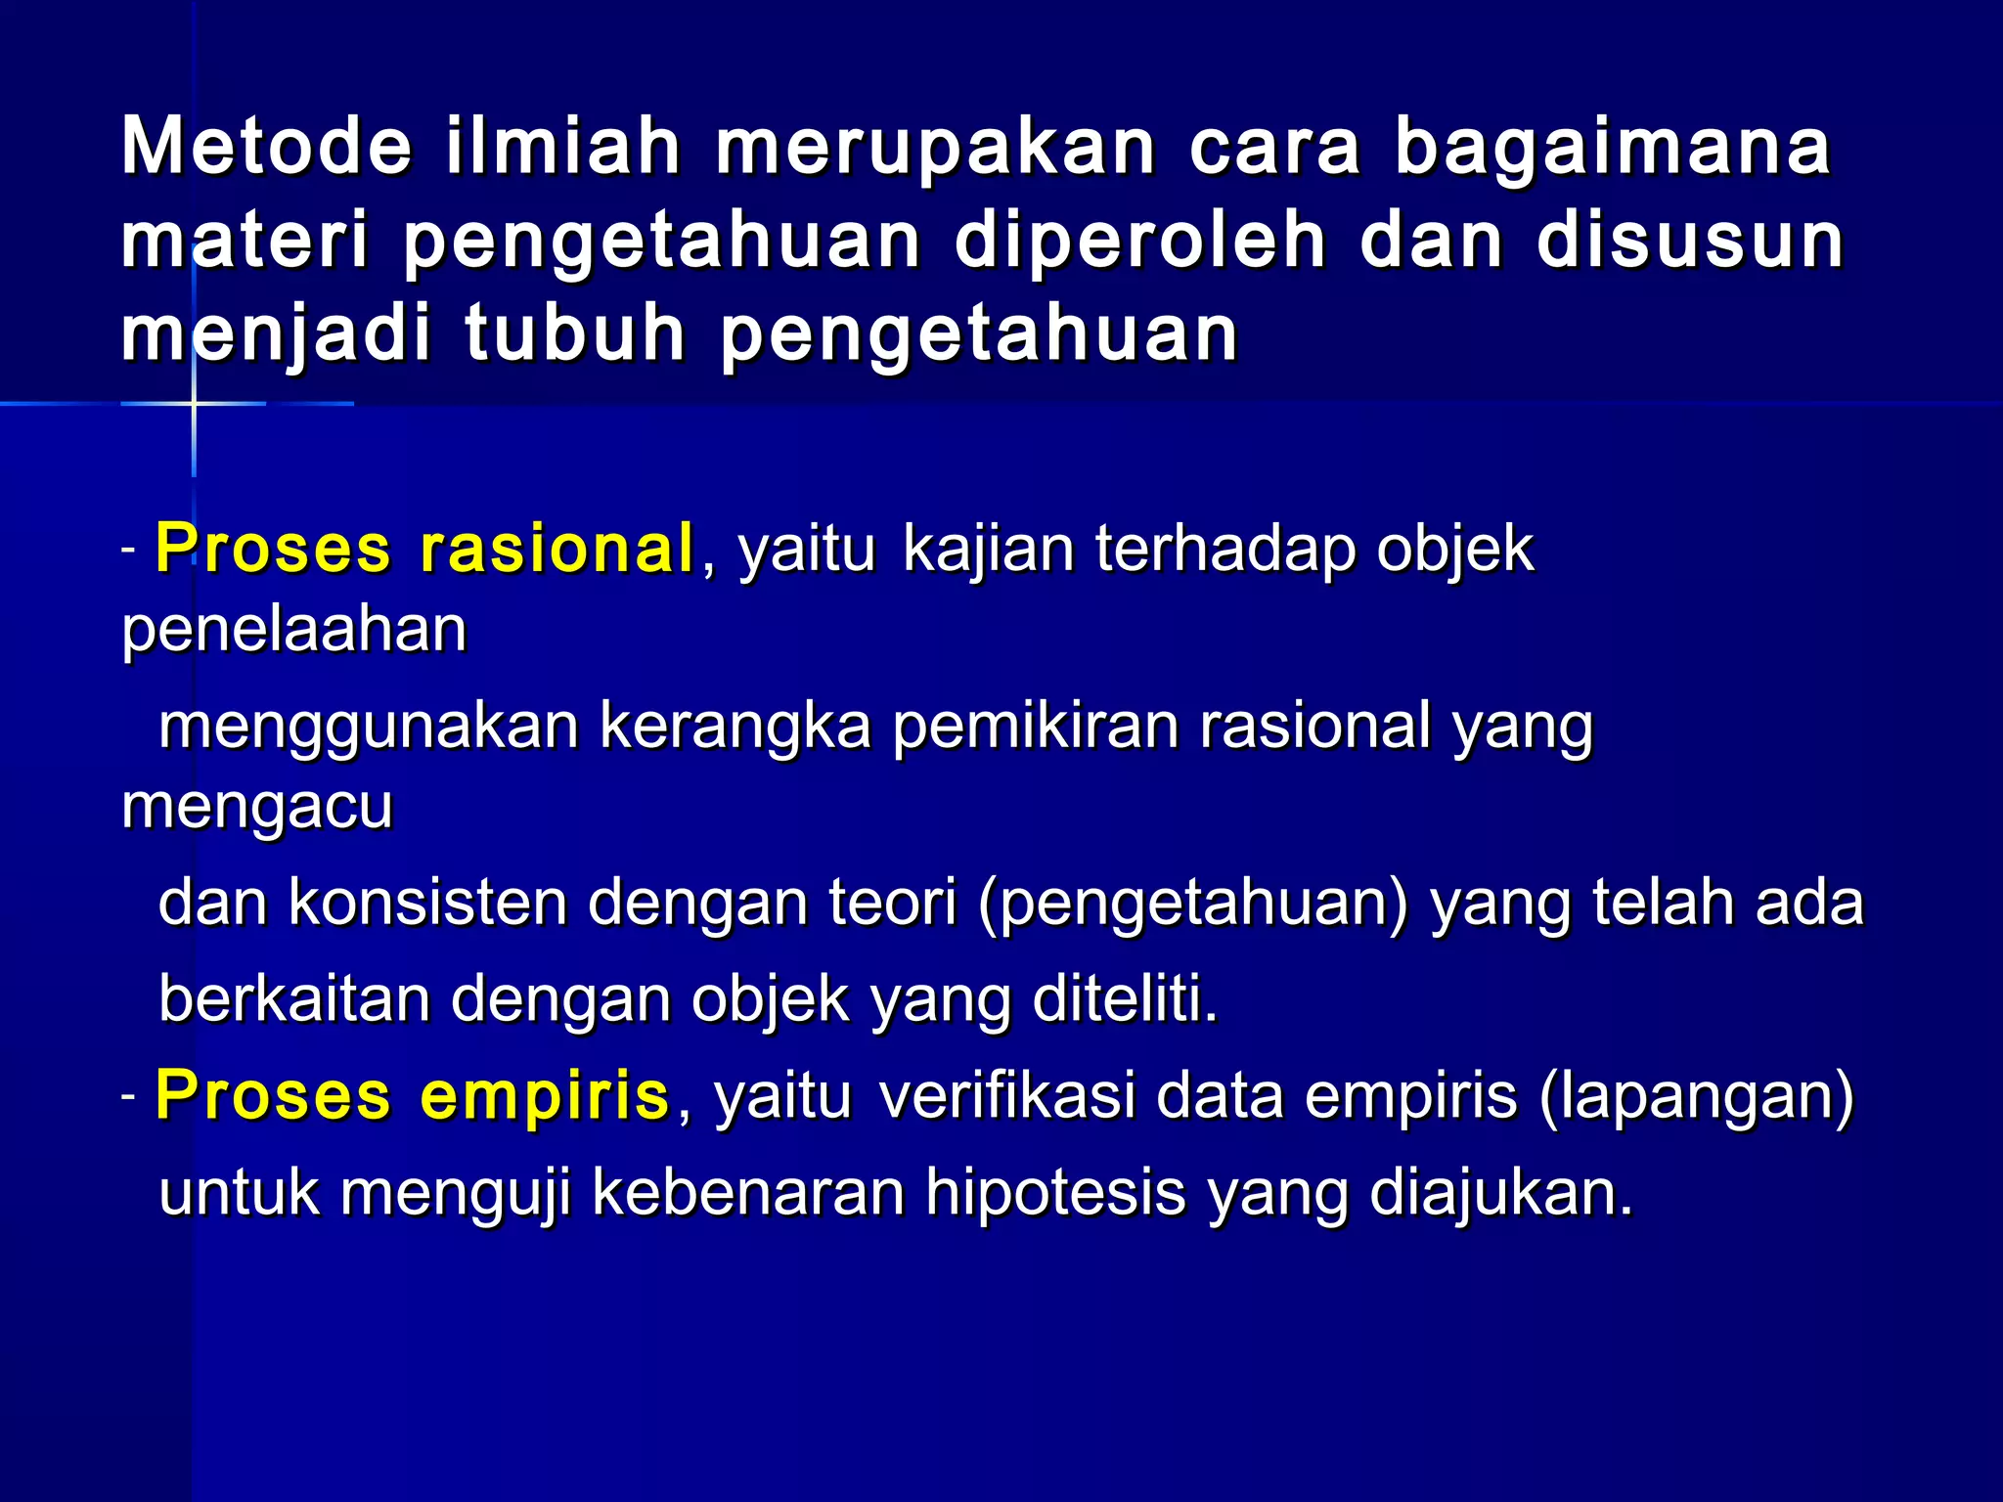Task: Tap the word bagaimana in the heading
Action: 1612,149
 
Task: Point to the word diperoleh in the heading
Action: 1139,243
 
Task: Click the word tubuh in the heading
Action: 575,334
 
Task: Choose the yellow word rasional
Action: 556,549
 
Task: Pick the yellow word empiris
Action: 545,1095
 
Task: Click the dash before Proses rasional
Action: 128,551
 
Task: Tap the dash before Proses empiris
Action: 128,1097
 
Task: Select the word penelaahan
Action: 293,631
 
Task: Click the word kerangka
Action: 734,727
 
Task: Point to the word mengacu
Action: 257,809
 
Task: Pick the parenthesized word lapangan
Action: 1697,1097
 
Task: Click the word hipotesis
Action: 1055,1193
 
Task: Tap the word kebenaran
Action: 748,1193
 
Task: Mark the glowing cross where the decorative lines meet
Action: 194,402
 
